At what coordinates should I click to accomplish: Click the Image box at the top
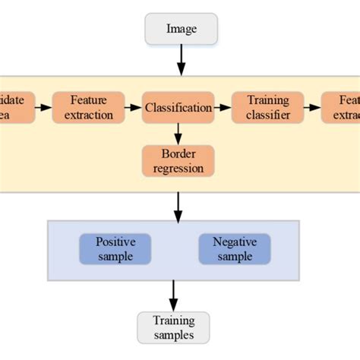pyautogui.click(x=181, y=30)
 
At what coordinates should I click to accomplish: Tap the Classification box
pyautogui.click(x=178, y=108)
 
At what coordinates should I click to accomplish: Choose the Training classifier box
pyautogui.click(x=267, y=108)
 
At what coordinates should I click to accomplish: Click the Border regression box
pyautogui.click(x=178, y=161)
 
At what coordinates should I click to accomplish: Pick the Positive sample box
pyautogui.click(x=115, y=249)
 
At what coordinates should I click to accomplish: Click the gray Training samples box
pyautogui.click(x=173, y=327)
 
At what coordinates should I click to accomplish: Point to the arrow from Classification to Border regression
pyautogui.click(x=178, y=134)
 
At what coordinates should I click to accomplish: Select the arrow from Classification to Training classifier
pyautogui.click(x=223, y=108)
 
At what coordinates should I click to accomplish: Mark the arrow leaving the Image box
pyautogui.click(x=181, y=59)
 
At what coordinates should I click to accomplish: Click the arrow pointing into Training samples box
pyautogui.click(x=173, y=295)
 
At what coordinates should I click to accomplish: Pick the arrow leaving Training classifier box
pyautogui.click(x=312, y=108)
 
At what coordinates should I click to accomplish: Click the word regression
pyautogui.click(x=178, y=168)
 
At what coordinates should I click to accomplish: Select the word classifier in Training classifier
pyautogui.click(x=267, y=115)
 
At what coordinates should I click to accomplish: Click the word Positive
pyautogui.click(x=115, y=242)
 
